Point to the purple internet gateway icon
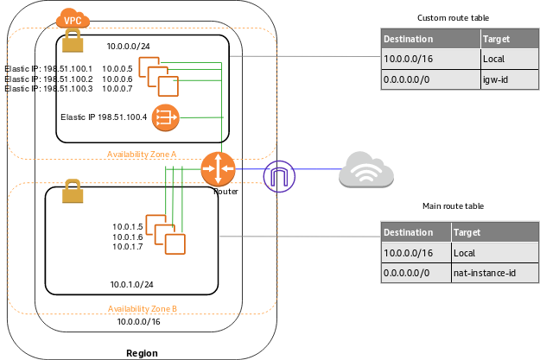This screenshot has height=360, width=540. click(279, 175)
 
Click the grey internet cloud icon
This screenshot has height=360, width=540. click(366, 170)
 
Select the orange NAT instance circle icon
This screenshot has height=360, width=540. click(164, 117)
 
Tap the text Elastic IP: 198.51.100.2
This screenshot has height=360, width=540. click(48, 79)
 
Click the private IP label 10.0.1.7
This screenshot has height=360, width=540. click(127, 247)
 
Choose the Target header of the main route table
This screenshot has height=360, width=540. click(466, 232)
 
